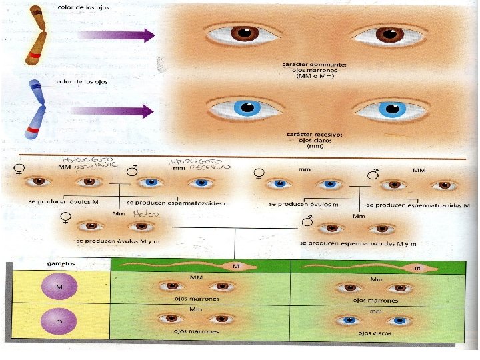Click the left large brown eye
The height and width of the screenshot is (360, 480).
point(241,33)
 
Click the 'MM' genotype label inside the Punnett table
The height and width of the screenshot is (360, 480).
point(197,276)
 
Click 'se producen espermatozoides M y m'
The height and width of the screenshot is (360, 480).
point(349,244)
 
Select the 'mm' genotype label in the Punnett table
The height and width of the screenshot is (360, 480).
point(375,310)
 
